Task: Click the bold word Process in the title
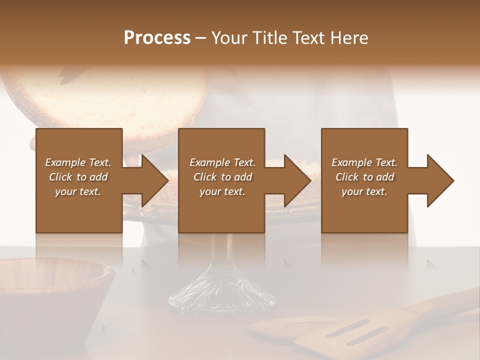(x=157, y=37)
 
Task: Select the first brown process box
(x=79, y=210)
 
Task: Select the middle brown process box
(x=221, y=210)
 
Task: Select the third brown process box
(x=364, y=210)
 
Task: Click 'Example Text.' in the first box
(x=78, y=162)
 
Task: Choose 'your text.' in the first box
(x=78, y=191)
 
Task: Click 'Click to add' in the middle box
(x=222, y=177)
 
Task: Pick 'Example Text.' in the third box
(x=364, y=162)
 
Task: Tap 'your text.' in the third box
(x=364, y=191)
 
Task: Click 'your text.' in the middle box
(x=222, y=191)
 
